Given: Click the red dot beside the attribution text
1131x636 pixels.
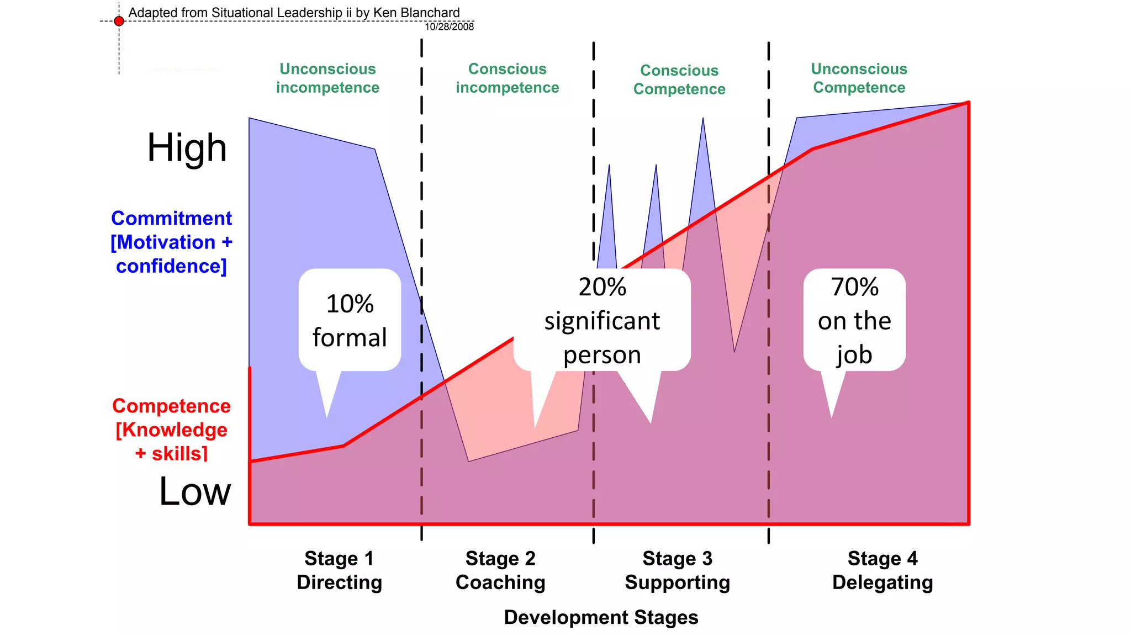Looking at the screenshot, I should [x=119, y=21].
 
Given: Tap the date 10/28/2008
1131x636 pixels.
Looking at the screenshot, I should [x=449, y=26].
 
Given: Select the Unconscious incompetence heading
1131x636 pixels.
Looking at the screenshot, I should [x=327, y=78].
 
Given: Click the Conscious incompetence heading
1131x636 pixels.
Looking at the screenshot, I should [x=507, y=78].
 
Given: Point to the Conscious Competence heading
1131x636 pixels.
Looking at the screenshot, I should [x=679, y=80].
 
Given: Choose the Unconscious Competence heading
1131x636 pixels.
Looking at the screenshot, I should [x=859, y=78].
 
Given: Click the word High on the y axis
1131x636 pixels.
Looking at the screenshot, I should [x=187, y=148].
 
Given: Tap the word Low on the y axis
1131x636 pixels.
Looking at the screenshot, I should [x=194, y=491].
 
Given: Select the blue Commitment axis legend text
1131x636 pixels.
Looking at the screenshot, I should [x=171, y=242].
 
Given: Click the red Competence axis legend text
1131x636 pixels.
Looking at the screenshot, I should [x=171, y=430].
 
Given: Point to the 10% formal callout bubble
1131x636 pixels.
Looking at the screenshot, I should [x=350, y=320].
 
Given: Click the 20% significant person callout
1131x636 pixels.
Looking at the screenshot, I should [x=602, y=320].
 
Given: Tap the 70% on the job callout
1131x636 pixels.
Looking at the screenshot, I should [x=854, y=320].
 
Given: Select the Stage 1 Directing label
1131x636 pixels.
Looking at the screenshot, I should [x=339, y=570].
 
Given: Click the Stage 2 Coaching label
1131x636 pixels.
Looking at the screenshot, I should [x=500, y=570].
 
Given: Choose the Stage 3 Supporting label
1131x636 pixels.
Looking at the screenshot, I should [x=677, y=570].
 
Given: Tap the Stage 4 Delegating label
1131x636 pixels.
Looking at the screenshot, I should [x=882, y=570].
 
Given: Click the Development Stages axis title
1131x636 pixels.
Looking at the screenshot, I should [x=601, y=617].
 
